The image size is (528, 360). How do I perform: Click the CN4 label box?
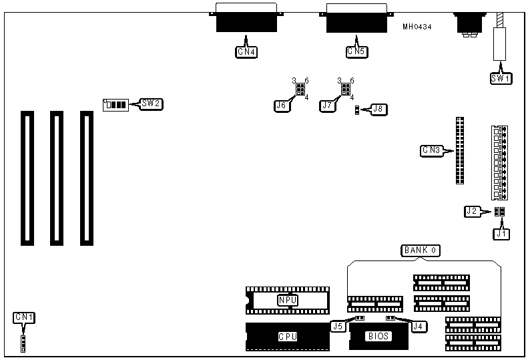pos(246,51)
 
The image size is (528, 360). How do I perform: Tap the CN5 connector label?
pos(356,51)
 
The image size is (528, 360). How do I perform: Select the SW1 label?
pos(501,78)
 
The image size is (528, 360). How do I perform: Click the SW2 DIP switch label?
pos(151,104)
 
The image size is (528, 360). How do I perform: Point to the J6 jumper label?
pos(282,105)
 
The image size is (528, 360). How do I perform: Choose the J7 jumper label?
pos(327,105)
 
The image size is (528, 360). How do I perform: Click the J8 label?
pos(378,108)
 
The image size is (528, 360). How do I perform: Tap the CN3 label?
pos(431,150)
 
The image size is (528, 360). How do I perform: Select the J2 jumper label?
pos(473,211)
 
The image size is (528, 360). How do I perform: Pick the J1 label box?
pos(501,234)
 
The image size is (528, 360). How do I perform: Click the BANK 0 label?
pos(420,250)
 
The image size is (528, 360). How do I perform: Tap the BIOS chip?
pos(378,336)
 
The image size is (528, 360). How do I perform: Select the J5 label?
pos(338,327)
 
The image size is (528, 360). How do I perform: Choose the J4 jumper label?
pos(419,327)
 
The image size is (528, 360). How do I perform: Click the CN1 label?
pos(24,317)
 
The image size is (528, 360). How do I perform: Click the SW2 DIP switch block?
pos(115,105)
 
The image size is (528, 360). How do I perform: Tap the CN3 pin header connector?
pos(460,150)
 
